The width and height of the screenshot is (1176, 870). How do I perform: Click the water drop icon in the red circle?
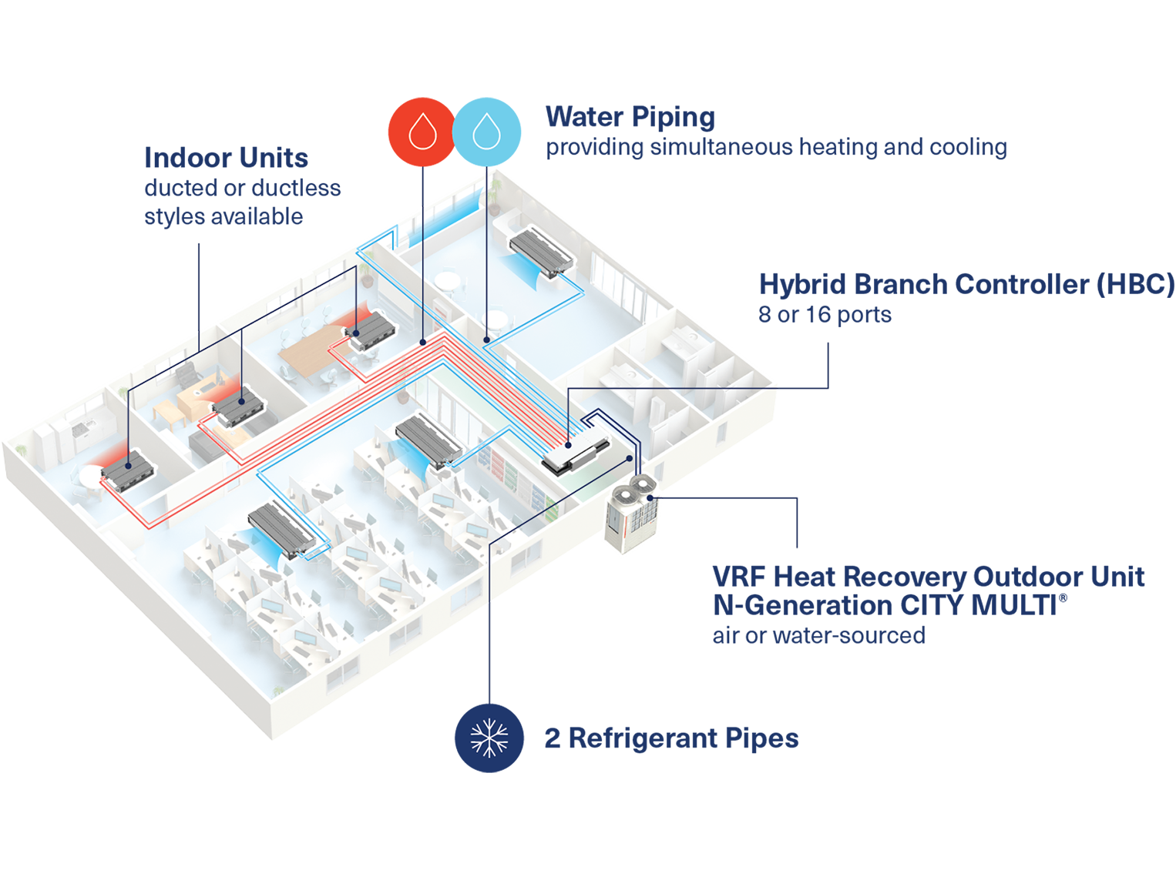coord(422,132)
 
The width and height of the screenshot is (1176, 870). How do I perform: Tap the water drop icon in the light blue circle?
coord(486,132)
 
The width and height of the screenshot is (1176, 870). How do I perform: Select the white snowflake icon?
coord(489,738)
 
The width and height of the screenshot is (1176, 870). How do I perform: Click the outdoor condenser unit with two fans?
coord(631,514)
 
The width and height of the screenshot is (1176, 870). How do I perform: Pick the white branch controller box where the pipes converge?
coord(575,453)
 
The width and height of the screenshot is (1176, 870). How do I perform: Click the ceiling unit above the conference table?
coord(372,330)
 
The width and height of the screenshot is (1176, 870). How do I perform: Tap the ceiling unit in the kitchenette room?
coord(127,472)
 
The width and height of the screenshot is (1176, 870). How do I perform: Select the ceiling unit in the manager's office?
coord(240,407)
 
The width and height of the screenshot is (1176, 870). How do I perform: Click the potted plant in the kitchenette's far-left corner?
coord(22,450)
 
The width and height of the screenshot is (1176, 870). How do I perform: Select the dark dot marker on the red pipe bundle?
coord(422,341)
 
